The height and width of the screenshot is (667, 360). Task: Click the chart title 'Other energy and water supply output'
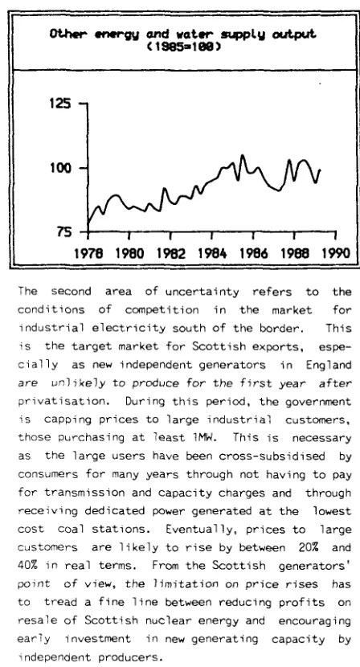[x=183, y=34]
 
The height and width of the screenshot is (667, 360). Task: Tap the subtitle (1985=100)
[x=183, y=47]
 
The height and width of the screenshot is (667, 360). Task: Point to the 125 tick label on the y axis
[x=60, y=104]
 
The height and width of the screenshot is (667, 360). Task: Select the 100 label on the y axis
[x=60, y=168]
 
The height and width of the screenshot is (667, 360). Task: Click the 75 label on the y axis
[x=63, y=231]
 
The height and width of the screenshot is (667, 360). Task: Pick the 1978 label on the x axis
[x=88, y=253]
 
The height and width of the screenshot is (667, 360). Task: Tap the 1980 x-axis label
[x=130, y=253]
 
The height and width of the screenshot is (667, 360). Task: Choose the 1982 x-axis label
[x=171, y=253]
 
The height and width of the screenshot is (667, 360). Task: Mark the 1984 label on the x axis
[x=212, y=253]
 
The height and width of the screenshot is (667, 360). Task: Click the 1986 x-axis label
[x=254, y=253]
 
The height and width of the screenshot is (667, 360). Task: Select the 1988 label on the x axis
[x=295, y=253]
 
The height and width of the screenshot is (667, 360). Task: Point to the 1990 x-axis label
[x=336, y=253]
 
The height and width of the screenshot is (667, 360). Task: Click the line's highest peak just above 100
[x=243, y=155]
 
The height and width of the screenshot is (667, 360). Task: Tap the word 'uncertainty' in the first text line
[x=202, y=292]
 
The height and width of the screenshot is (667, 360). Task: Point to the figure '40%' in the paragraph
[x=27, y=565]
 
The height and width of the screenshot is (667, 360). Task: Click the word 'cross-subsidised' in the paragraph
[x=272, y=456]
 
